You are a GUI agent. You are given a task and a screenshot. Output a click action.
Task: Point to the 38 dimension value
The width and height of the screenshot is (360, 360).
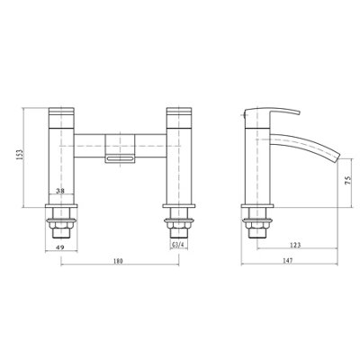click(59, 191)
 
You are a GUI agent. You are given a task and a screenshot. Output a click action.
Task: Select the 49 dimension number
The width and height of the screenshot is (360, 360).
click(59, 245)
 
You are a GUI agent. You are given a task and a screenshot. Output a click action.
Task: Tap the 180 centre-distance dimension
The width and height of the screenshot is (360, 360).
click(120, 262)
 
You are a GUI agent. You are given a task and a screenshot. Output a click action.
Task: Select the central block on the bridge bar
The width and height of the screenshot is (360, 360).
click(120, 142)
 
